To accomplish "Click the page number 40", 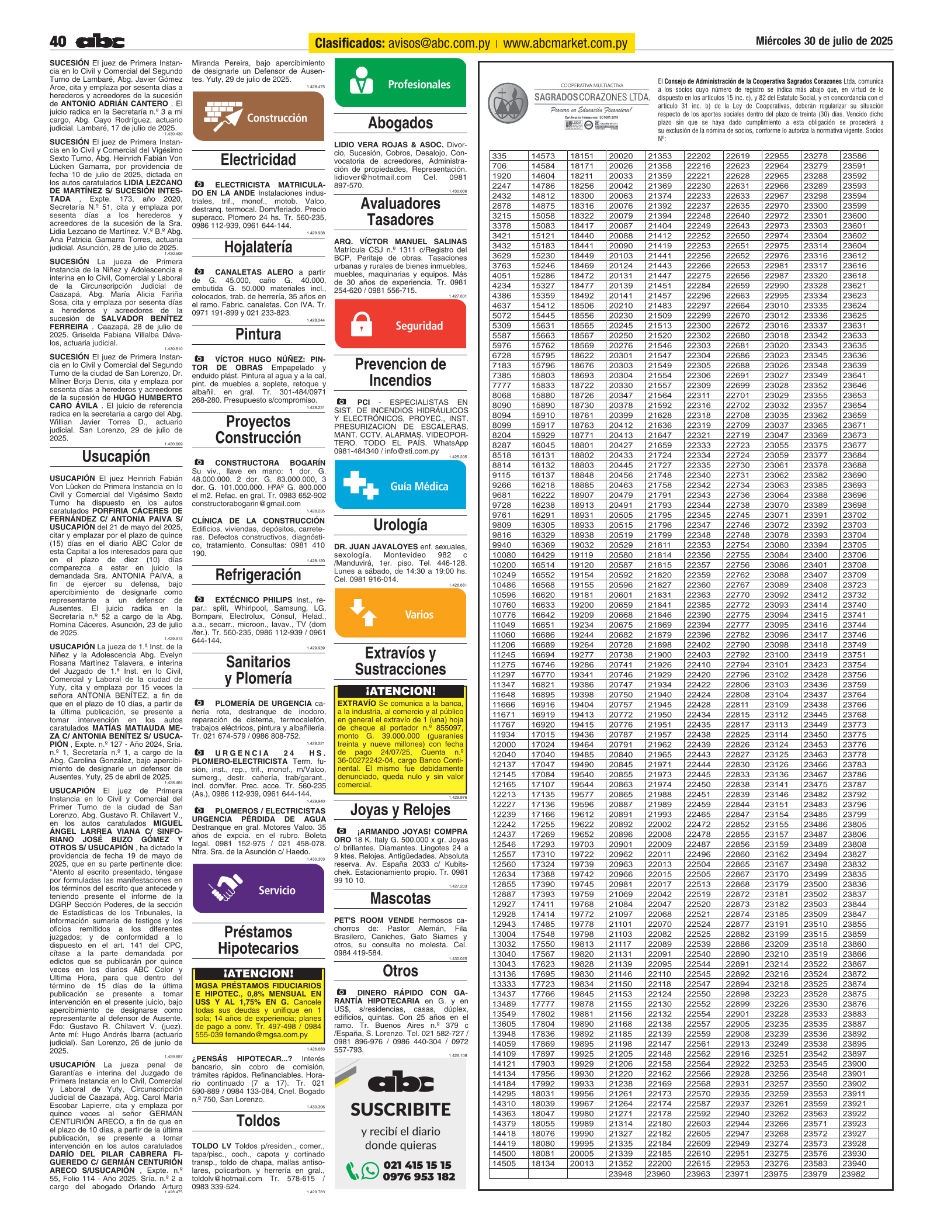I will pyautogui.click(x=58, y=41).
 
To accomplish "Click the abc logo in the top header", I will pyautogui.click(x=100, y=41).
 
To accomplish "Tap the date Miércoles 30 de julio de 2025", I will pyautogui.click(x=824, y=41).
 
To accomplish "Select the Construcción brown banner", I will pyautogui.click(x=258, y=116).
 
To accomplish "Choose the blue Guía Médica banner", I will pyautogui.click(x=400, y=486).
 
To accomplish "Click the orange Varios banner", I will pyautogui.click(x=400, y=614).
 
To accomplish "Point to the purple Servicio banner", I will pyautogui.click(x=258, y=889).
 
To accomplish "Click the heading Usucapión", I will pyautogui.click(x=116, y=456).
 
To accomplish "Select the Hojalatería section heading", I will pyautogui.click(x=258, y=247).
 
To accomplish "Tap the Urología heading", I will pyautogui.click(x=400, y=525).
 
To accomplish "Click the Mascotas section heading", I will pyautogui.click(x=400, y=898).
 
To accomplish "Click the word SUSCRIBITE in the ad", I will pyautogui.click(x=400, y=1110).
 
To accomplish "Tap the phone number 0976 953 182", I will pyautogui.click(x=418, y=1176).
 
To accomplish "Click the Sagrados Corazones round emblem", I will pyautogui.click(x=508, y=102).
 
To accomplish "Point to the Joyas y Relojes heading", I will pyautogui.click(x=400, y=810).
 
